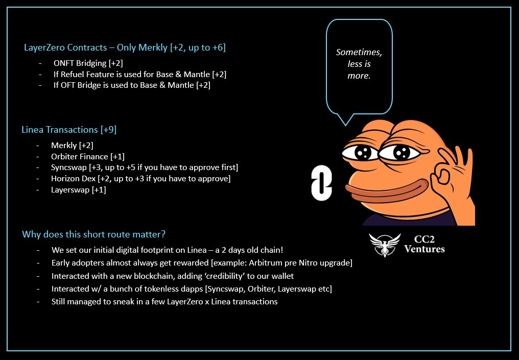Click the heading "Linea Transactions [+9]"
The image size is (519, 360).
point(69,130)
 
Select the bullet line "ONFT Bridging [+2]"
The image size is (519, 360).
point(88,63)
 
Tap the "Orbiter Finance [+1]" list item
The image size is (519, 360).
point(87,156)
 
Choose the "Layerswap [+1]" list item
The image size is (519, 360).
point(78,190)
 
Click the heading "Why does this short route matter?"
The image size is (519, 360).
point(93,234)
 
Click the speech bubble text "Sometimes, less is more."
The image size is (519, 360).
point(359,64)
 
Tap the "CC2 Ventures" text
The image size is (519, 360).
point(424,245)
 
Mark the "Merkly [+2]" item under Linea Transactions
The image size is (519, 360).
point(72,146)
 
